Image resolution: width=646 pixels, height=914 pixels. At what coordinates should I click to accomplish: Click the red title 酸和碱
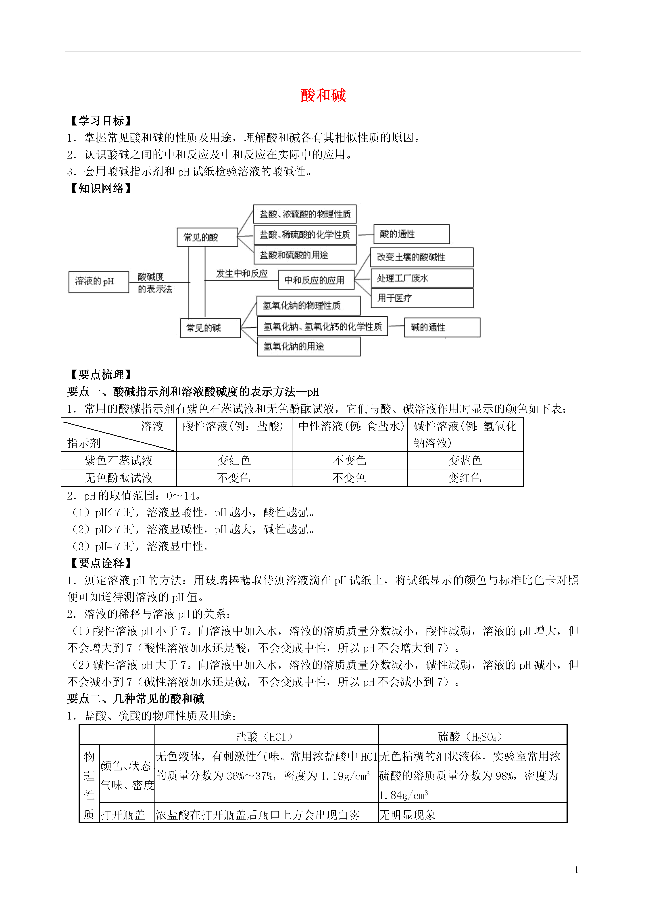pos(323,96)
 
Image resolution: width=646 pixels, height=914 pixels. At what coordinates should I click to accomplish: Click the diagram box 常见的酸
pos(207,237)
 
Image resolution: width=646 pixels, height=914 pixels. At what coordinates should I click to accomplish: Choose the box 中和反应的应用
pos(316,280)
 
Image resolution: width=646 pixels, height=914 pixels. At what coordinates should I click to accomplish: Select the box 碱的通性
pos(442,327)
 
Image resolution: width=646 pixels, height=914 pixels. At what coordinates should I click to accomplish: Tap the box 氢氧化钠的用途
pos(308,346)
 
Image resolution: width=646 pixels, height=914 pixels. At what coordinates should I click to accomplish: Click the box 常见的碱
pos(210,328)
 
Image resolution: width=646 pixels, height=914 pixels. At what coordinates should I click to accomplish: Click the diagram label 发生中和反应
pos(242,274)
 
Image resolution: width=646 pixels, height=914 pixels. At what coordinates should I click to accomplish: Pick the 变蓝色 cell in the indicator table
pos(465,461)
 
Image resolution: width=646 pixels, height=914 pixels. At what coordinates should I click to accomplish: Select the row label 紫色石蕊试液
pos(119,461)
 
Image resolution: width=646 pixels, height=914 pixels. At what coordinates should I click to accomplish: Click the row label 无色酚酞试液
pos(119,478)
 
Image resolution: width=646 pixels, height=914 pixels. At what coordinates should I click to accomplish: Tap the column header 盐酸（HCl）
pos(266,736)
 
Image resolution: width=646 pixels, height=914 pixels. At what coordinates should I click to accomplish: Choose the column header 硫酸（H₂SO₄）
pos(472,736)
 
